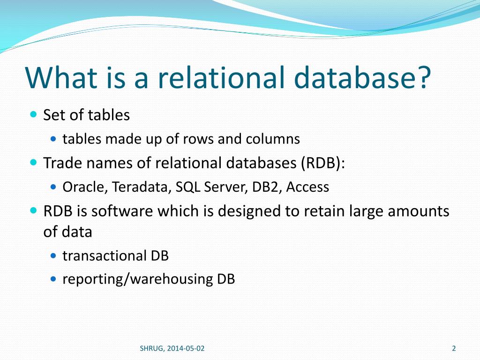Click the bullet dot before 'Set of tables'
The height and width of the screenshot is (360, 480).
pyautogui.click(x=33, y=114)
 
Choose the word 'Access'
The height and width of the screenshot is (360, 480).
pyautogui.click(x=307, y=187)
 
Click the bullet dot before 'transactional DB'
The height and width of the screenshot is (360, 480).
pyautogui.click(x=53, y=256)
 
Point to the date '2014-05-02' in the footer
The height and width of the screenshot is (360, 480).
pyautogui.click(x=185, y=348)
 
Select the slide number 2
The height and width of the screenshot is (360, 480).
pyautogui.click(x=454, y=348)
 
